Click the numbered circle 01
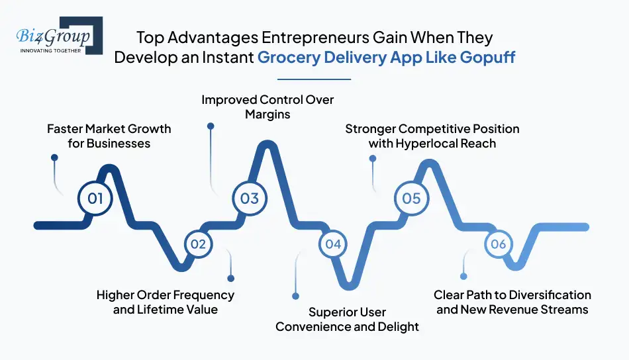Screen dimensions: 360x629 pos(95,199)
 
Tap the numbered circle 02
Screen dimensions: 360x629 pos(198,244)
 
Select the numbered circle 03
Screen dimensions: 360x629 pos(250,199)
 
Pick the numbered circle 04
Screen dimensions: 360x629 pos(332,244)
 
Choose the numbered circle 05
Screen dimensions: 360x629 pos(411,199)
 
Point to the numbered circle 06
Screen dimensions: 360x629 pos(499,244)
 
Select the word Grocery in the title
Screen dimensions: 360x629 pos(287,58)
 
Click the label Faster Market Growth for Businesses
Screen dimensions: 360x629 pos(109,136)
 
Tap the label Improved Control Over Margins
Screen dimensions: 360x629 pos(267,107)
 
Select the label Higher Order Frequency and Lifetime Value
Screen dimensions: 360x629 pos(165,302)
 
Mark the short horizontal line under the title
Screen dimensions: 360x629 pos(314,79)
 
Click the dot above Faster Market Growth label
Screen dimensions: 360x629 pos(54,158)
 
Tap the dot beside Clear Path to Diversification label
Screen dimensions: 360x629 pos(463,276)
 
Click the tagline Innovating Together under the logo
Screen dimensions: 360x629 pos(51,50)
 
